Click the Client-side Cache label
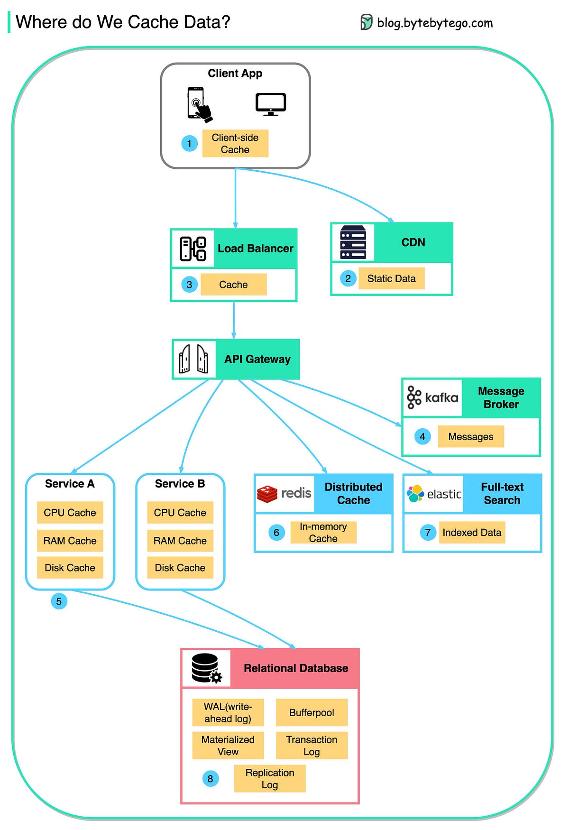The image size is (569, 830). pos(235,143)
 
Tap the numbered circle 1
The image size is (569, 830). pos(189,143)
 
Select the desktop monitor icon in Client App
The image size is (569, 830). pos(270,104)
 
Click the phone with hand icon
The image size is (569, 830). pos(199,105)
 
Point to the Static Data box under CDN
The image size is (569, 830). pos(391,278)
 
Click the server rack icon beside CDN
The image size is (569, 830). pos(353,242)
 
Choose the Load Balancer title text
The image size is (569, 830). pos(255,249)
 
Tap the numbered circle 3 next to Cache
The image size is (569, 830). pos(189,285)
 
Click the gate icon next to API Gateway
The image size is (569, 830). pos(193,359)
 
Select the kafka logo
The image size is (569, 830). pos(432,397)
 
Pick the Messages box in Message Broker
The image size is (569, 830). pos(470,436)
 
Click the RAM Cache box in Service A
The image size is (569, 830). pos(70,541)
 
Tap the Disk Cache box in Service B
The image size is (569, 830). pos(180,568)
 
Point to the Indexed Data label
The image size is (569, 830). pos(472,533)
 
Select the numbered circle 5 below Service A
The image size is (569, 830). pos(59,601)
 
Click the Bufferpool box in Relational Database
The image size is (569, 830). pos(312,712)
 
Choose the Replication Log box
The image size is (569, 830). pos(270,778)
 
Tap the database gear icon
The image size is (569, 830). pos(207,668)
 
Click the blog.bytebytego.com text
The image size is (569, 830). pos(434,23)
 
